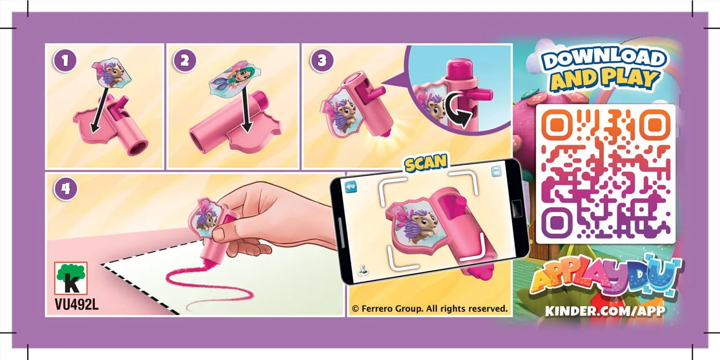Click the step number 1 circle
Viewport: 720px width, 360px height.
(65, 60)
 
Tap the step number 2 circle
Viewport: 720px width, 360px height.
(184, 60)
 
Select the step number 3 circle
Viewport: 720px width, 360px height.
(322, 60)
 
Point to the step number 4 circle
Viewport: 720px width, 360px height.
(66, 189)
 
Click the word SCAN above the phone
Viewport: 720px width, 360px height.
(426, 163)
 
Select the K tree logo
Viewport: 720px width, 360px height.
(71, 278)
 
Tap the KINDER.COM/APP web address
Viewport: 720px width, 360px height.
(605, 311)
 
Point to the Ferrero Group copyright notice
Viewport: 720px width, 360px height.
(430, 309)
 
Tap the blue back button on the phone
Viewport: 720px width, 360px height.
(351, 186)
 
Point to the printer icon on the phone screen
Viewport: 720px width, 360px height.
(497, 171)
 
